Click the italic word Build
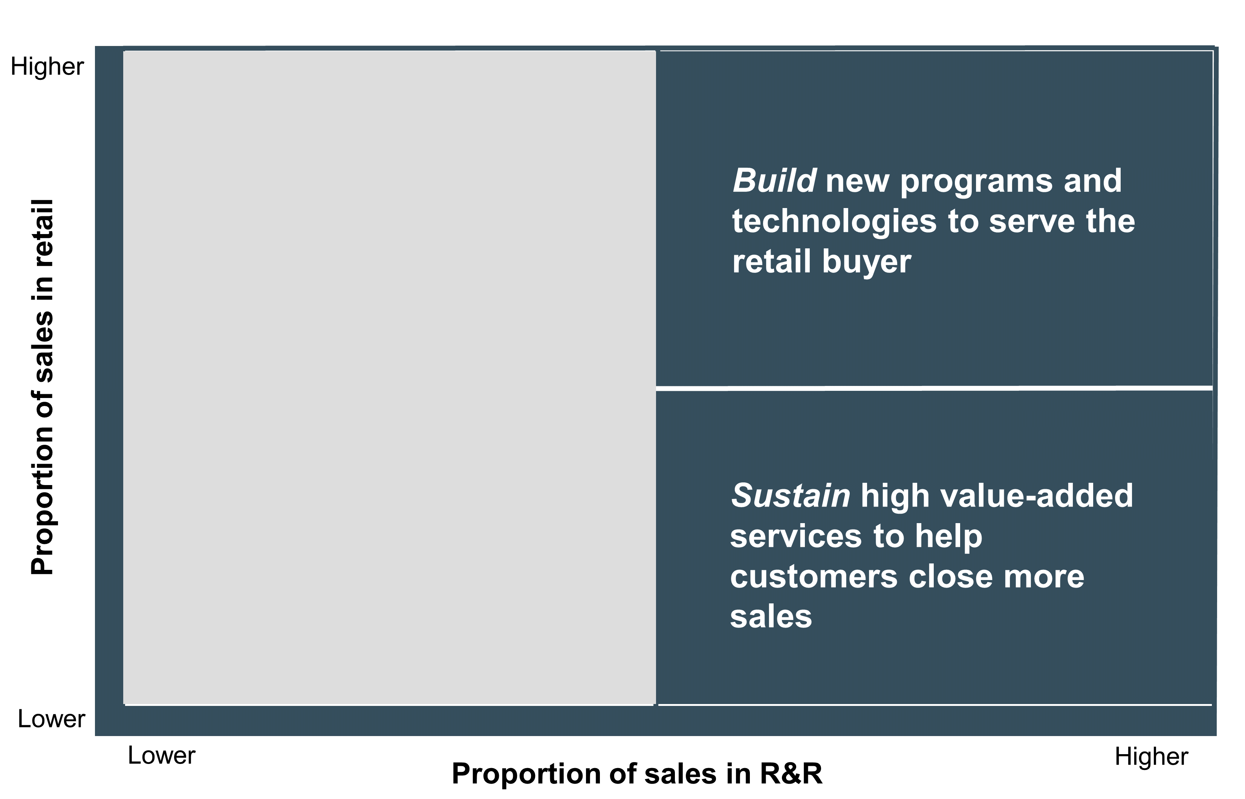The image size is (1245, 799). [x=774, y=181]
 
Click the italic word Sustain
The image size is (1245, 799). [x=791, y=496]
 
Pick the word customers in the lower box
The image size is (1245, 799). [x=814, y=577]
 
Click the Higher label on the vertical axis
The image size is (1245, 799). [x=47, y=67]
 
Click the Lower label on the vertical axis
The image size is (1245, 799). [x=51, y=719]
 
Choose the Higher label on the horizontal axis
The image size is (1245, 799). [x=1151, y=757]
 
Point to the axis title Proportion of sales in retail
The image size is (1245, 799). [x=43, y=387]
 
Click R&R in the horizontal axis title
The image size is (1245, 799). [x=791, y=774]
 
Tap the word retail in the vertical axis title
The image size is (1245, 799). [x=43, y=233]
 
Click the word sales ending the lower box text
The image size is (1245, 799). [x=771, y=617]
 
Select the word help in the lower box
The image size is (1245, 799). [x=949, y=536]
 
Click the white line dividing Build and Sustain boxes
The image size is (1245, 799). [x=934, y=388]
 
